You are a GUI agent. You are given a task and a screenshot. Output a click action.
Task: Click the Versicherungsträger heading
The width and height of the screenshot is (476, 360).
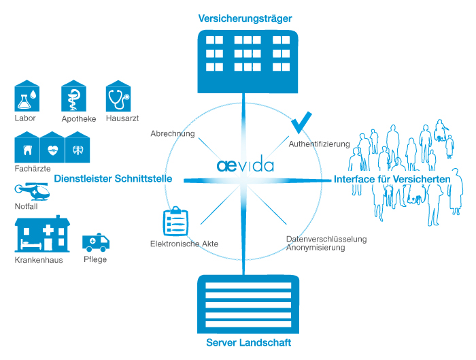(x=245, y=18)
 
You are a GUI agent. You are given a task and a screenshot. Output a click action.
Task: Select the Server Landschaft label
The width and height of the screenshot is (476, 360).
(x=248, y=342)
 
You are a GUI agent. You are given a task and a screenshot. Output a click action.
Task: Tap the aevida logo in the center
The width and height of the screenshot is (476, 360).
(x=245, y=165)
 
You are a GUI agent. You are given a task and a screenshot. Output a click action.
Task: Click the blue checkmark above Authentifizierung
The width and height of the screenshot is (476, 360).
(x=301, y=122)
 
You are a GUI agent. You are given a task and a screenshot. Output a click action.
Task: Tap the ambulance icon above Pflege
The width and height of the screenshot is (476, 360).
(x=95, y=243)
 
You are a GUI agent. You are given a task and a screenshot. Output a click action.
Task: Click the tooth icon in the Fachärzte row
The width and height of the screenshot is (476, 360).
(x=28, y=149)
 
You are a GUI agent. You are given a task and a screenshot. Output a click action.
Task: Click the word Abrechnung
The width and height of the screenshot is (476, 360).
(x=173, y=134)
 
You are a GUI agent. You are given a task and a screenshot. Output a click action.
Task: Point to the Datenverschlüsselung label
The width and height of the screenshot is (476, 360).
(x=326, y=239)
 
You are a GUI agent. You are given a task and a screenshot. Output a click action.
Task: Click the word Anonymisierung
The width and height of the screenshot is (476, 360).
(x=316, y=248)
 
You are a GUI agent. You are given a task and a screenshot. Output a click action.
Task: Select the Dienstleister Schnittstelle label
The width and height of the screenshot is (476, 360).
(x=113, y=179)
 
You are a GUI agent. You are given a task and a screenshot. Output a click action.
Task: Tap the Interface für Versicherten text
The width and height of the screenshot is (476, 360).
(x=392, y=179)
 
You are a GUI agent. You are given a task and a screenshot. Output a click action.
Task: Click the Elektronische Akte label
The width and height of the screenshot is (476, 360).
(x=184, y=243)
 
